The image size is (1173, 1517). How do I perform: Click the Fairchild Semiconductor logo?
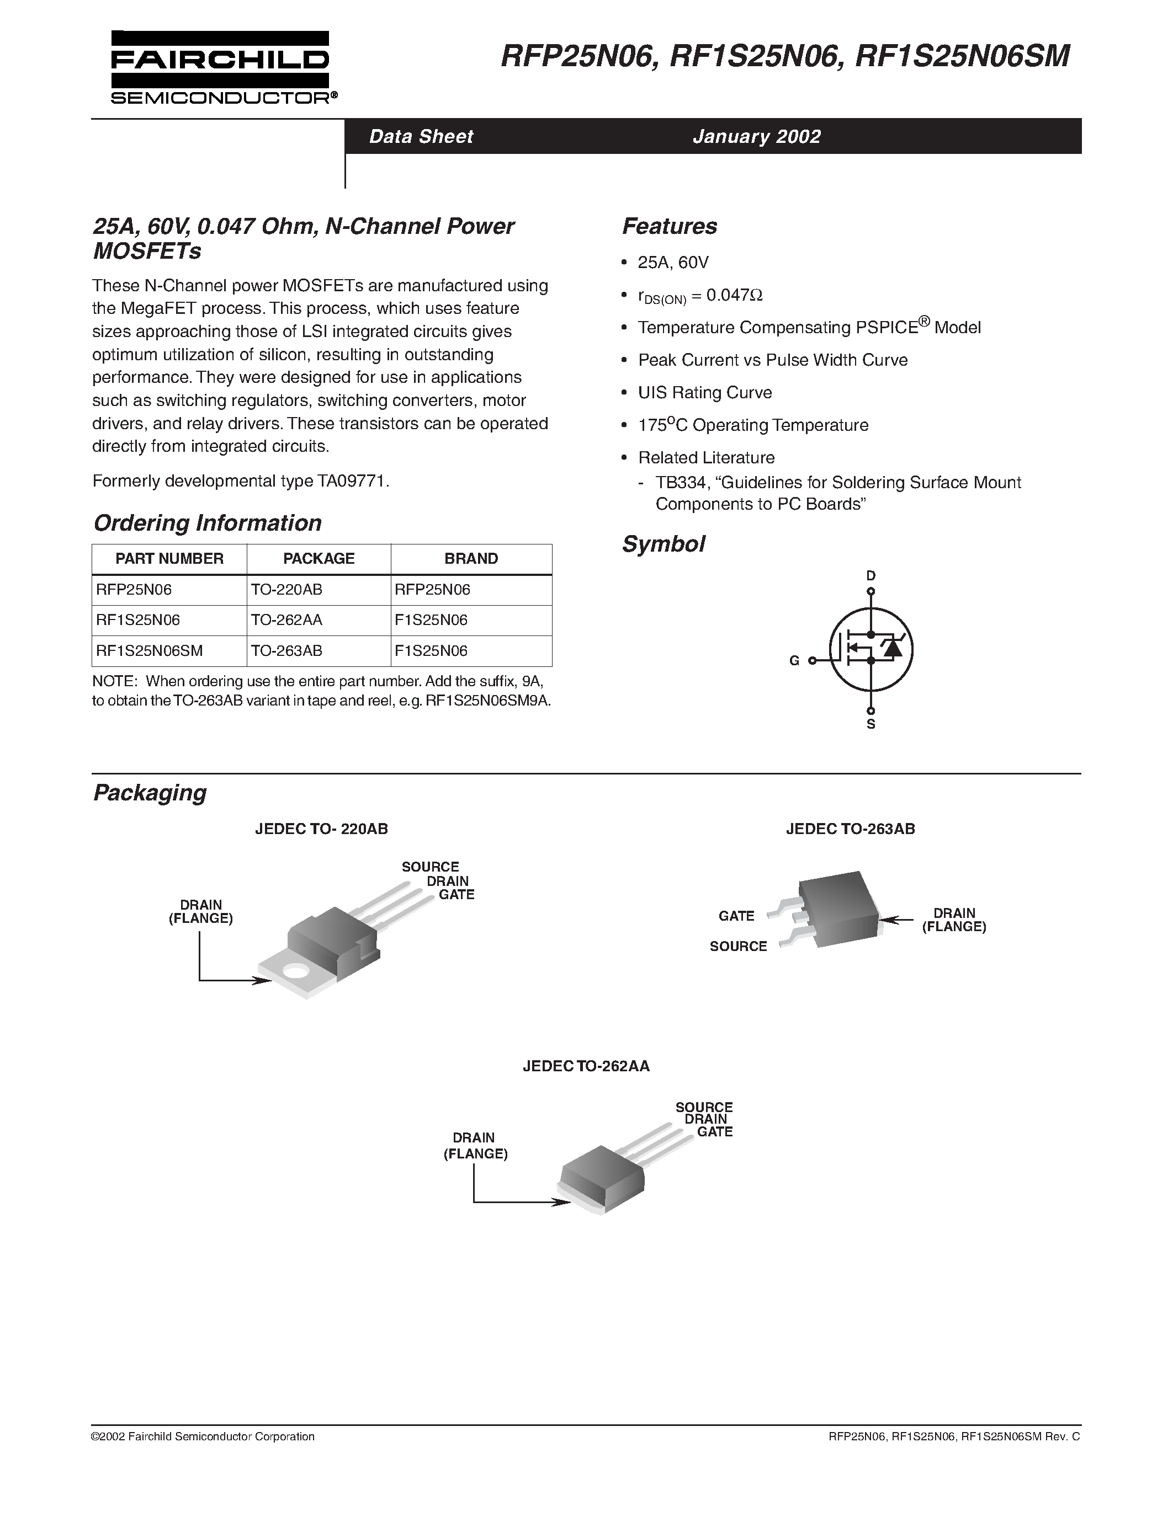coord(220,68)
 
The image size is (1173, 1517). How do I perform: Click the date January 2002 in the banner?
coord(756,136)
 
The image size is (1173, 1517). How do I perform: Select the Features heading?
coord(669,226)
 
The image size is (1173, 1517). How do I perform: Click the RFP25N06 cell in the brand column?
coord(432,590)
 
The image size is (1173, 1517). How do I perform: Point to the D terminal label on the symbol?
coord(871,576)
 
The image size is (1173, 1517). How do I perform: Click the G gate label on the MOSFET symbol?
coord(794,660)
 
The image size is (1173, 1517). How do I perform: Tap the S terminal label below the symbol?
coord(871,724)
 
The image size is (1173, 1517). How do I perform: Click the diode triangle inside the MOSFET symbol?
coord(891,649)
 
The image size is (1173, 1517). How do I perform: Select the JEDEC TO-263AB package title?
coord(850,829)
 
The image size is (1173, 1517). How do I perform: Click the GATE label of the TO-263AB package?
coord(736,916)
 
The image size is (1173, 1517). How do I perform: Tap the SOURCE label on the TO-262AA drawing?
coord(703,1107)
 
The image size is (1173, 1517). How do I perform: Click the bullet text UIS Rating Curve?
coord(705,392)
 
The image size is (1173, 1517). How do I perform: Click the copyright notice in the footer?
coord(203,1436)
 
